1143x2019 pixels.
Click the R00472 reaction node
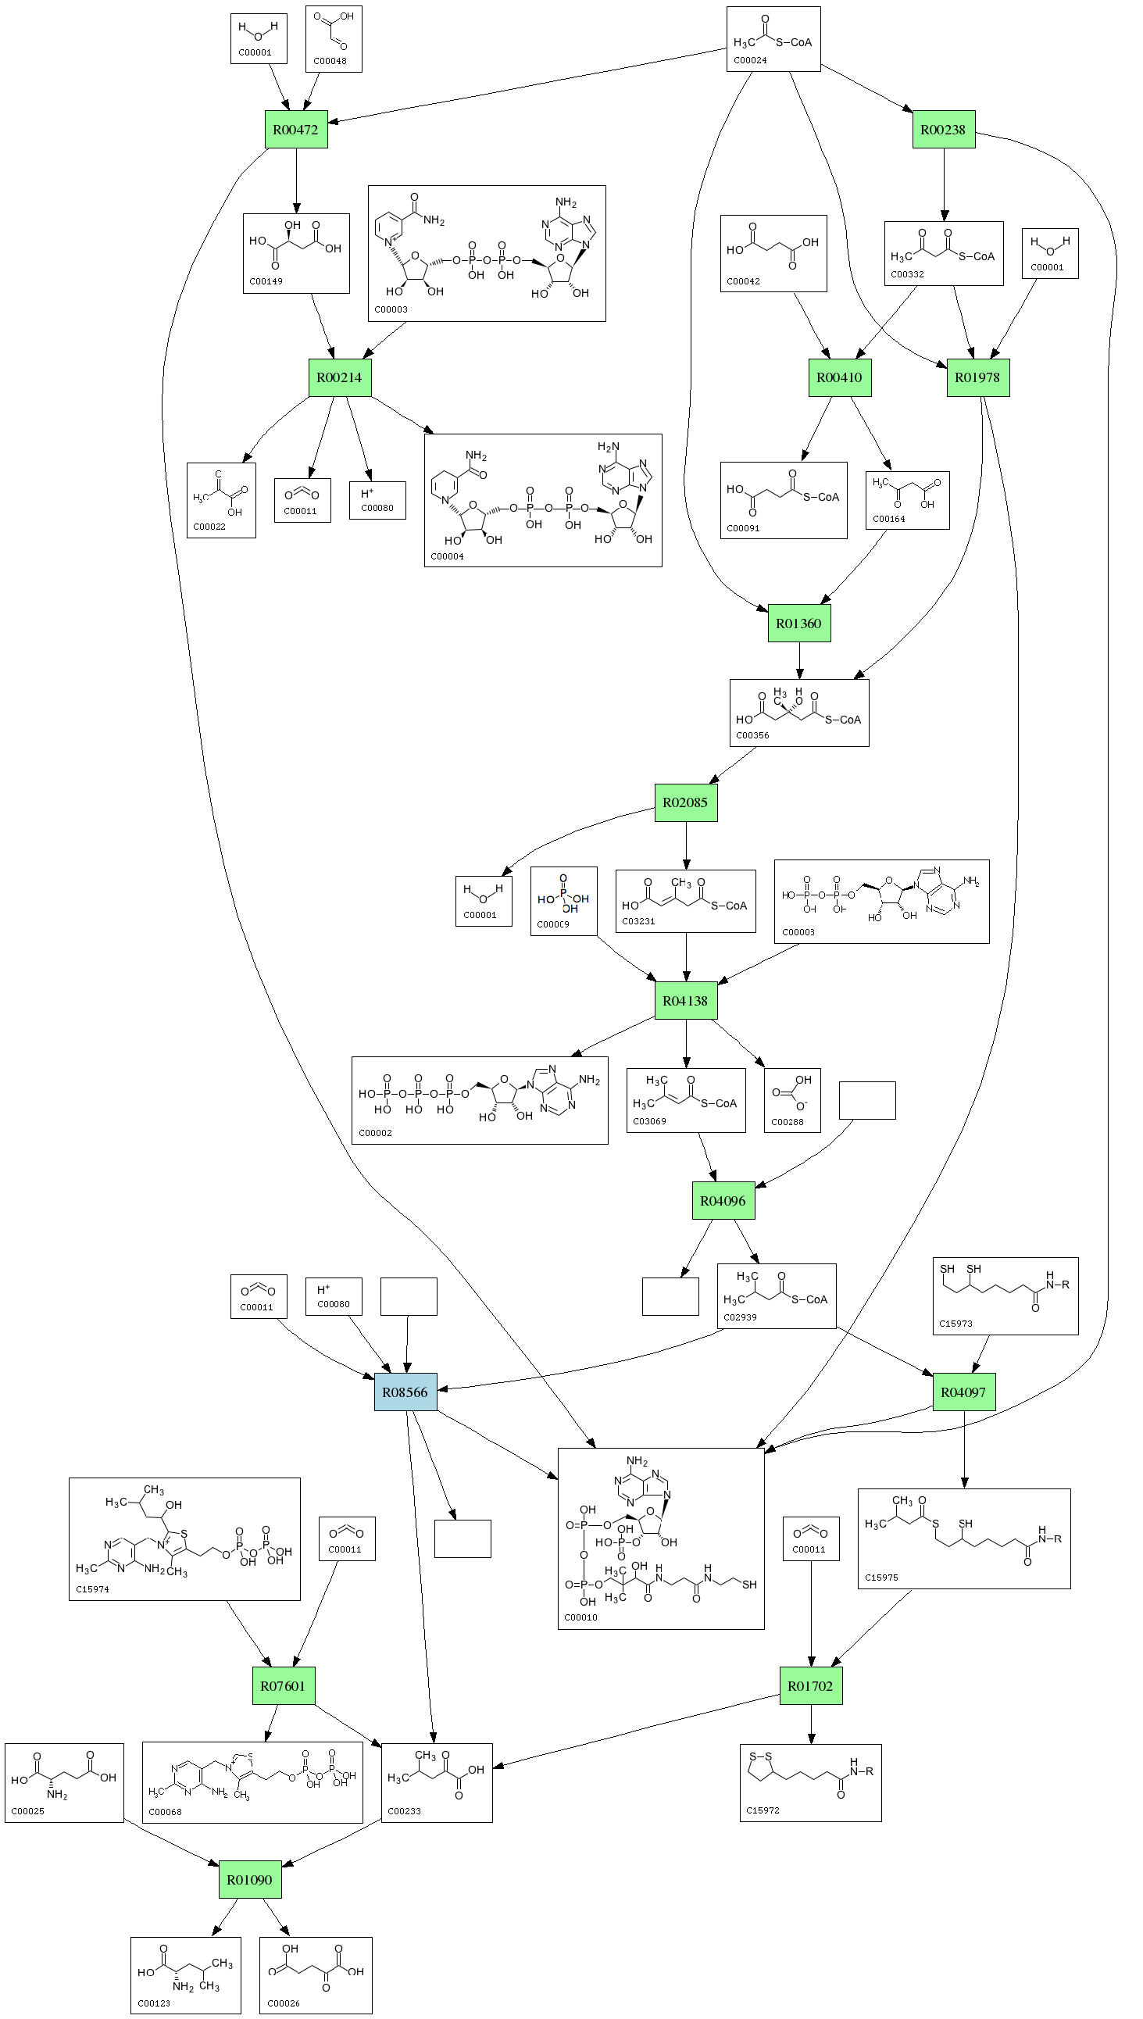(x=296, y=130)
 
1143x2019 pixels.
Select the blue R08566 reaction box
(x=405, y=1392)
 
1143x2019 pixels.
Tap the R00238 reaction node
(x=944, y=130)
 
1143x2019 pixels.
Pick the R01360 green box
(x=798, y=624)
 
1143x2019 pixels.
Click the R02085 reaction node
(x=685, y=802)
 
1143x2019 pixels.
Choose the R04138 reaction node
(x=685, y=1001)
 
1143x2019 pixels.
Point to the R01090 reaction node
(x=250, y=1879)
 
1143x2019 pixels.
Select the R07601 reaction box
(x=284, y=1685)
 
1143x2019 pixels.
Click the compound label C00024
(x=750, y=60)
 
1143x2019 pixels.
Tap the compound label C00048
(x=330, y=61)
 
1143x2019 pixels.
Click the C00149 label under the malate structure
(x=266, y=281)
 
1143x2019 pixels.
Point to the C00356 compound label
(x=752, y=735)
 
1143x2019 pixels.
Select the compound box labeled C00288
(x=792, y=1100)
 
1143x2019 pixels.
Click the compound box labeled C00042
(x=773, y=254)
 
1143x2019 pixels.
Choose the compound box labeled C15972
(x=810, y=1783)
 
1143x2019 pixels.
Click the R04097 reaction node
(x=964, y=1392)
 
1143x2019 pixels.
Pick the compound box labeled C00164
(x=907, y=500)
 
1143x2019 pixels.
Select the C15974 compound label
(x=93, y=1588)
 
